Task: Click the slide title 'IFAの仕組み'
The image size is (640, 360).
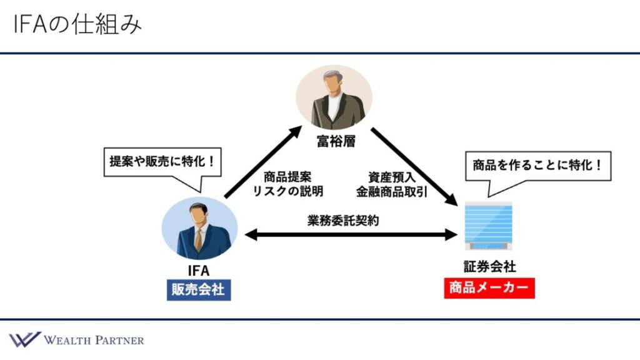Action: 77,24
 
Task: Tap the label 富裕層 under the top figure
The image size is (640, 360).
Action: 336,141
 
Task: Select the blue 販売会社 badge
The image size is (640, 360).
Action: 199,290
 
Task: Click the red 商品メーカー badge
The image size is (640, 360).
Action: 489,288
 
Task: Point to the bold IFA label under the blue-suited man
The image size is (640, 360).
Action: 199,270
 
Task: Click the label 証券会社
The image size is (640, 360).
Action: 489,266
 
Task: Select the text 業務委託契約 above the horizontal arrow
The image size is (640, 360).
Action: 343,221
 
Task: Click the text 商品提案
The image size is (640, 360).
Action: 287,177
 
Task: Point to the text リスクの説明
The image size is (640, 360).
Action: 287,191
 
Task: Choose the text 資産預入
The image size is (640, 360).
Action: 391,177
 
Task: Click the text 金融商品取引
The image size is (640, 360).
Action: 391,191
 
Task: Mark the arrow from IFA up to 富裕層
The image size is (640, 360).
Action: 264,162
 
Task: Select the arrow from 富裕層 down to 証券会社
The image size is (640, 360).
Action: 414,166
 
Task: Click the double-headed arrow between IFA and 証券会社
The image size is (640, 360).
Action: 351,235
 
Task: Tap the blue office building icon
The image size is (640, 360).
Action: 489,226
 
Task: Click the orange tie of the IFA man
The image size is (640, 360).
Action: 198,239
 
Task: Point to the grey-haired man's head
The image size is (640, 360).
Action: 334,82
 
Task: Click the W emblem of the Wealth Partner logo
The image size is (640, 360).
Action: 25,339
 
